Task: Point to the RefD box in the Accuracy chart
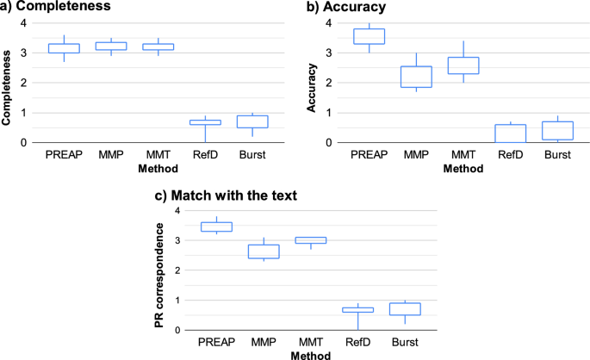point(511,133)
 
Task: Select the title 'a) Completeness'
point(57,9)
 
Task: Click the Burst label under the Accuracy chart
point(556,156)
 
